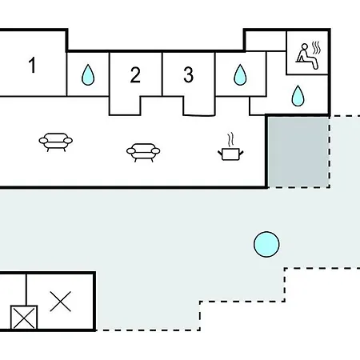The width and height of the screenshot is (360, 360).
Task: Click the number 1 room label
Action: click(x=32, y=65)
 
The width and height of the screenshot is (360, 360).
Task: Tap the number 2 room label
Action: click(x=135, y=74)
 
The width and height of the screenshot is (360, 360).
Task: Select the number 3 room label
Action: click(x=189, y=74)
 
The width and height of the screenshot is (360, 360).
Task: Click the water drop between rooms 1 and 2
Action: click(x=88, y=74)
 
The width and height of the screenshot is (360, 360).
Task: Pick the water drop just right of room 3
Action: click(x=240, y=74)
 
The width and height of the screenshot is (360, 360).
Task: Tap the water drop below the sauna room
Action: click(x=298, y=96)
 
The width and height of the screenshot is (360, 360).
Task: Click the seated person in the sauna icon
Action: click(x=306, y=57)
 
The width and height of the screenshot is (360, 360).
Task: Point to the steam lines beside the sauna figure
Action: click(x=316, y=48)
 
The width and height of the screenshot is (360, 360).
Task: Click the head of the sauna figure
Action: click(x=305, y=46)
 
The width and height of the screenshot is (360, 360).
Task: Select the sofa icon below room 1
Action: click(x=56, y=142)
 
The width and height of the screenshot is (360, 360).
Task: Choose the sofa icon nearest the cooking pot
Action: click(x=143, y=153)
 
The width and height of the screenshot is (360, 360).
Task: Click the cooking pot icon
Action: click(x=230, y=154)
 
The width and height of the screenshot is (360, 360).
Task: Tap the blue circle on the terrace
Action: click(x=266, y=244)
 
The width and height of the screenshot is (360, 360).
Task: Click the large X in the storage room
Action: click(x=61, y=302)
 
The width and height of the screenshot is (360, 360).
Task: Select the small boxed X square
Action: click(x=24, y=318)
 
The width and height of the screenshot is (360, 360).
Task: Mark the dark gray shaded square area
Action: click(x=298, y=152)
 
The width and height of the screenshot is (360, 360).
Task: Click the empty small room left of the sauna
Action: click(x=266, y=41)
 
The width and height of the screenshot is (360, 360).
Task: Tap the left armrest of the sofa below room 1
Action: click(x=43, y=141)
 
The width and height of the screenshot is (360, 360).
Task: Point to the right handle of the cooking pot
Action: click(x=242, y=154)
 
